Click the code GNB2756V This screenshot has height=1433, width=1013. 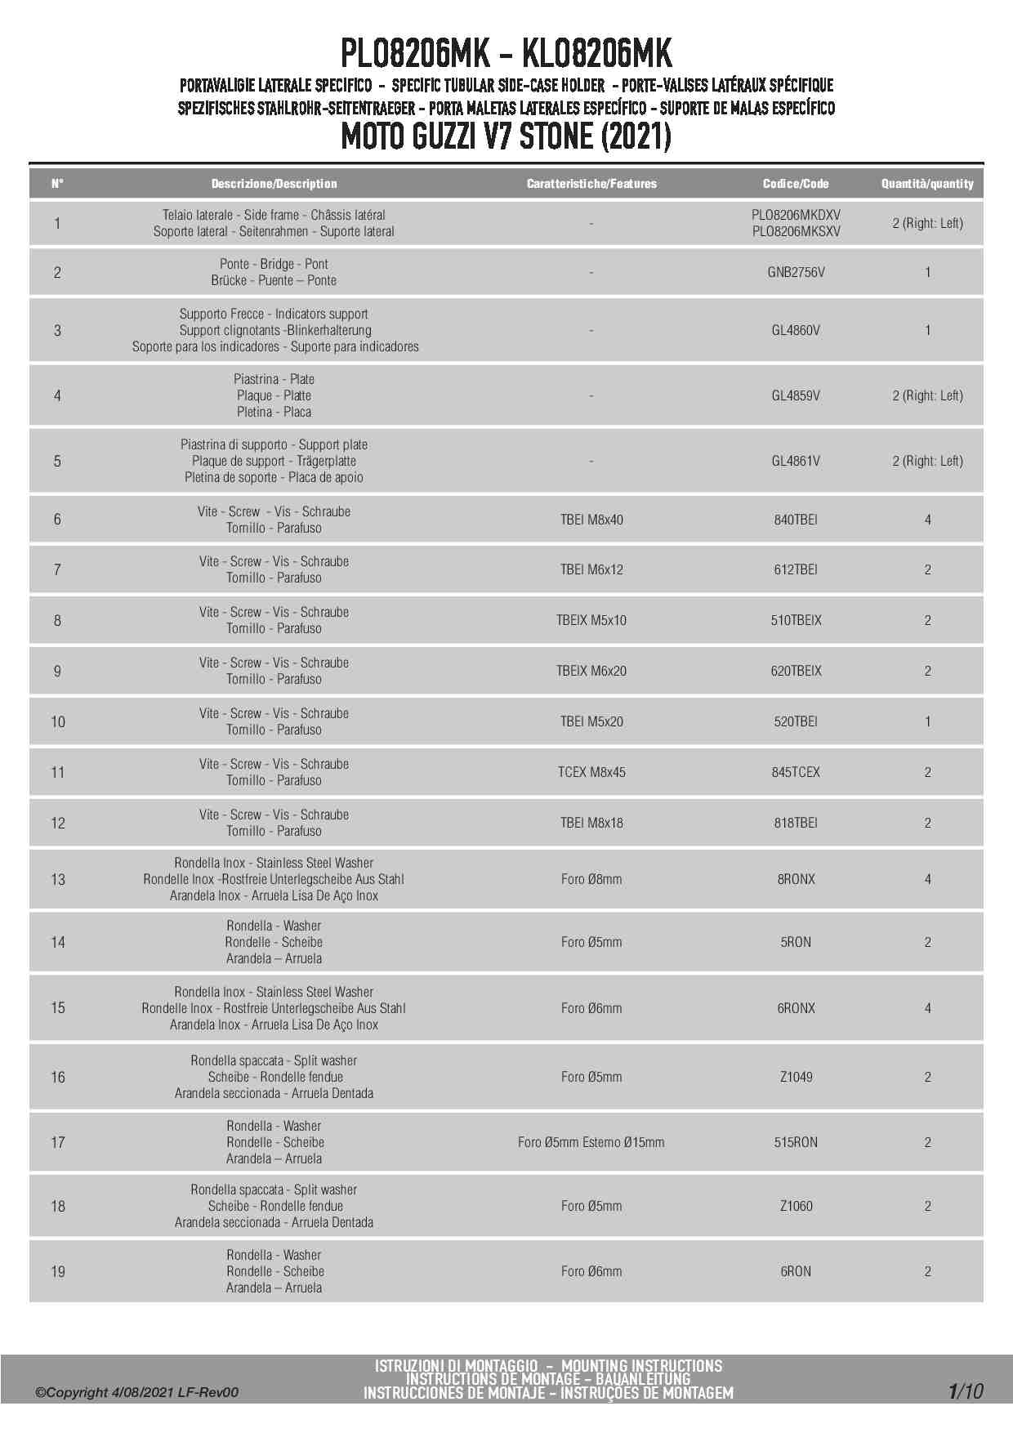click(796, 272)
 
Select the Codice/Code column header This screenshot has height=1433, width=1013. click(796, 184)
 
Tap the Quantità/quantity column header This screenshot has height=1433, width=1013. click(927, 184)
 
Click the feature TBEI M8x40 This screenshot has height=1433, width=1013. click(591, 520)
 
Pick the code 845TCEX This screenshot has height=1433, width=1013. click(796, 772)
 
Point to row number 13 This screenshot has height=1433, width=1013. click(58, 879)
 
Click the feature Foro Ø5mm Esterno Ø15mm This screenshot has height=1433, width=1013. click(591, 1142)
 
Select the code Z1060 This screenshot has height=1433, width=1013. click(796, 1206)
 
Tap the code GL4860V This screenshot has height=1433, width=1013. click(796, 330)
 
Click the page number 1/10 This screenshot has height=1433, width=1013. click(966, 1391)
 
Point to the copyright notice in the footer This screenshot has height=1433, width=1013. click(136, 1392)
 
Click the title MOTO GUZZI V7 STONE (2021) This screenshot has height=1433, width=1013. click(506, 136)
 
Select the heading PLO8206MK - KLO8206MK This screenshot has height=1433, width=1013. click(506, 54)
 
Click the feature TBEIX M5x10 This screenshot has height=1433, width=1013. click(591, 620)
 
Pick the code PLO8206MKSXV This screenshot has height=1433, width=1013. click(796, 231)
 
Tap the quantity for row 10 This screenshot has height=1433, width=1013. click(927, 721)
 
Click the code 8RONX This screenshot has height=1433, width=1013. click(796, 879)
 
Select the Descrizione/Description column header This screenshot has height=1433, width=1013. click(274, 184)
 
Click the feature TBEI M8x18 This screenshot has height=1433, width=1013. click(591, 823)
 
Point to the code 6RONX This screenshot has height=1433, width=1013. click(796, 1008)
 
